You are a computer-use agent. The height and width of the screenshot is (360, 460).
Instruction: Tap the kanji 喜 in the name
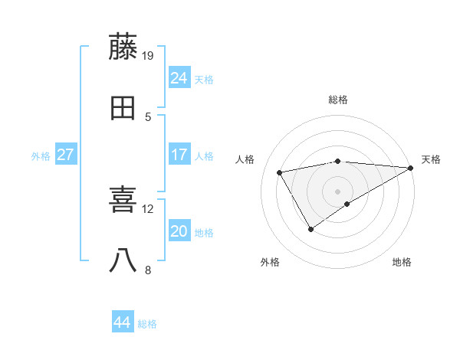[123, 201]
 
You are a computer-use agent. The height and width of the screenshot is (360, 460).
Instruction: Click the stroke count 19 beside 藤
[148, 55]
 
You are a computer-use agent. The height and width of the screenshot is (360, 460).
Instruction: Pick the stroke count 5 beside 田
[148, 116]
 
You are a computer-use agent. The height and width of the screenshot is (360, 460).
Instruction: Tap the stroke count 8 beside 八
[148, 270]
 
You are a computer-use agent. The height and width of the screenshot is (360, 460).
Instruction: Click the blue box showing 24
[179, 78]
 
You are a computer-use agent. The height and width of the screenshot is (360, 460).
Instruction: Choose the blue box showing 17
[179, 155]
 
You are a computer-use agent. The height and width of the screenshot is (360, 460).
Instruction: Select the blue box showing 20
[179, 232]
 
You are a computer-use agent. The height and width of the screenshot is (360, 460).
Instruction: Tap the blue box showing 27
[66, 155]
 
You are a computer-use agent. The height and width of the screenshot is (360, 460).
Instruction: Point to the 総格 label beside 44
[147, 324]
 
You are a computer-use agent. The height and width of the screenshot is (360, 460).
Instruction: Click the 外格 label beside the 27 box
[41, 156]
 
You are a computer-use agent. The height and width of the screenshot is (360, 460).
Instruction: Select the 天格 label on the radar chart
[431, 159]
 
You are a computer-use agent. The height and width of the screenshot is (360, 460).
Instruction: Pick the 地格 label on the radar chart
[402, 263]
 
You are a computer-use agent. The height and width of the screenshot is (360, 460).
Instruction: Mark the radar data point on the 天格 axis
[411, 169]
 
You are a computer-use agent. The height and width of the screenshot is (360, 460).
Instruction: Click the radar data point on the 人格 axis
[280, 173]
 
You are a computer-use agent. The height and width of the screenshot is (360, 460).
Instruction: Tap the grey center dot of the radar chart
[338, 191]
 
